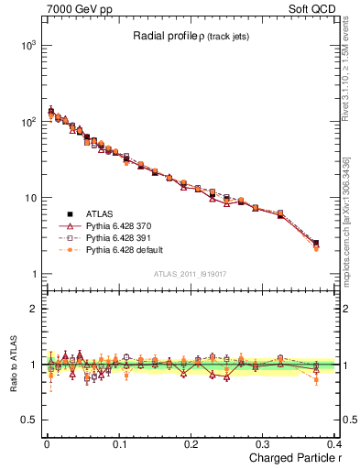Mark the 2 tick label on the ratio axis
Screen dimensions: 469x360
pyautogui.click(x=33, y=309)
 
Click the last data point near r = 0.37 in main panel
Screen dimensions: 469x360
pyautogui.click(x=316, y=245)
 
